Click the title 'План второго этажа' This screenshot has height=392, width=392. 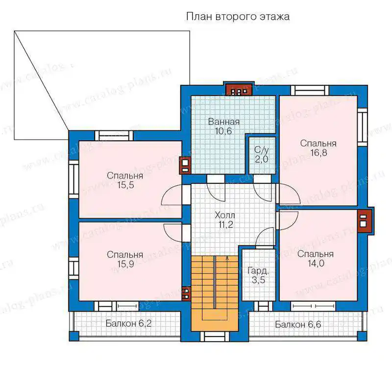coord(238,17)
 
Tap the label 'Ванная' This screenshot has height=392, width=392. coord(224,122)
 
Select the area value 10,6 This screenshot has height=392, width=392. coord(223,131)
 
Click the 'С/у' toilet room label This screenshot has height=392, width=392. coord(262,150)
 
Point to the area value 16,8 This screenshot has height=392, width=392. coord(318,152)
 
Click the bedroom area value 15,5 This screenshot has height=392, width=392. coord(125,185)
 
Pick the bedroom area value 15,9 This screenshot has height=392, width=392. coord(125,264)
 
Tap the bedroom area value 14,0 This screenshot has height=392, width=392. coord(316,263)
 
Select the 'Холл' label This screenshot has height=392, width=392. coord(225,215)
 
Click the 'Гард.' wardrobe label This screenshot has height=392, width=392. coord(258,271)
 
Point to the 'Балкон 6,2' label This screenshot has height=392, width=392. coord(128,323)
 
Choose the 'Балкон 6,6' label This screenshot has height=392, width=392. coord(298,324)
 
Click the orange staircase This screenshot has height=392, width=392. coord(215,293)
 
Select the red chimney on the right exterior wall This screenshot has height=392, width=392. coord(365,220)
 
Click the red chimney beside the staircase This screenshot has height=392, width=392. coord(186,294)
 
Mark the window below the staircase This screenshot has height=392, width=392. coord(215,337)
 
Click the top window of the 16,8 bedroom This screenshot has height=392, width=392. coord(310,91)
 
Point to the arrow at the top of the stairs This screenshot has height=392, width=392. coord(227,259)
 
